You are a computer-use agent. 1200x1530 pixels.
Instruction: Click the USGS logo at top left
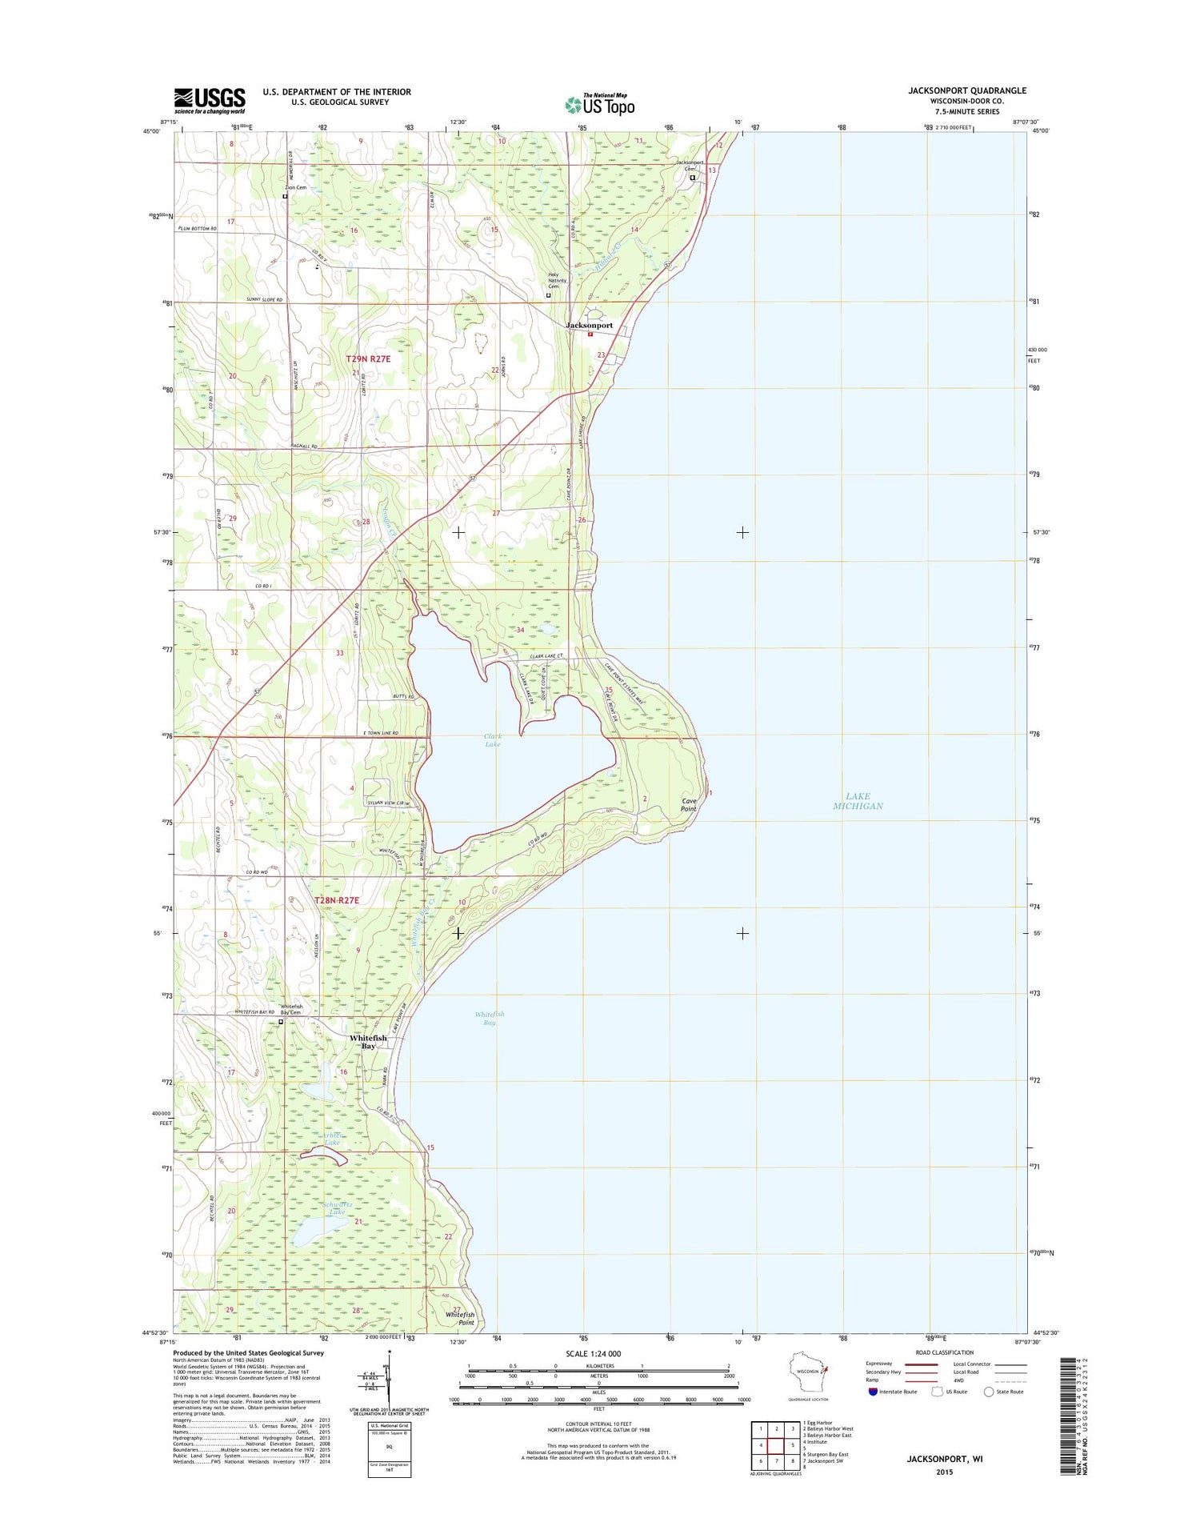(210, 99)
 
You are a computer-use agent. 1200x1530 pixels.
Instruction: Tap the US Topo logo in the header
(600, 104)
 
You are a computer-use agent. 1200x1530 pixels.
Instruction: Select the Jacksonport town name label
(589, 326)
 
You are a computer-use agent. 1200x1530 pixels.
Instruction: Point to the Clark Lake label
(493, 740)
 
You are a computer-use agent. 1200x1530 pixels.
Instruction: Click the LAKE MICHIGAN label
(858, 801)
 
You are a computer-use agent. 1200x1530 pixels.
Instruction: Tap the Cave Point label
(688, 805)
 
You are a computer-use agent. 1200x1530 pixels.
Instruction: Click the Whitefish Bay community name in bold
(368, 1042)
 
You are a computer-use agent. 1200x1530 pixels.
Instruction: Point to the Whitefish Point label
(460, 1318)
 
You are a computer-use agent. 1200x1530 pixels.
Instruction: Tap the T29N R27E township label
(368, 359)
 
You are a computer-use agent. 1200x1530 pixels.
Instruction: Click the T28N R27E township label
(337, 900)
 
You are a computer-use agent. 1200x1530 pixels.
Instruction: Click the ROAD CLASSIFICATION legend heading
(946, 1352)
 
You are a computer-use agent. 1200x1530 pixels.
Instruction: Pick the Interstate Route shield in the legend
(873, 1392)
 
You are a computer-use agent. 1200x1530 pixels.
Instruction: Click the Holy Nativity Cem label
(558, 280)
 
